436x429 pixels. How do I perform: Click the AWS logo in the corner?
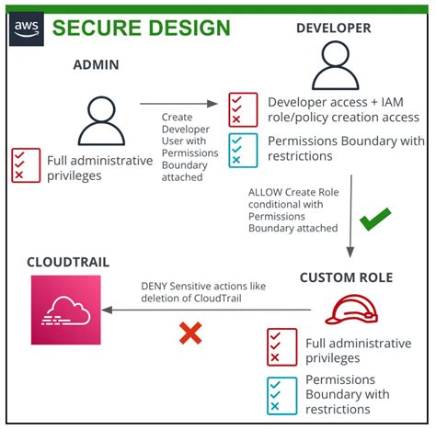coord(27,28)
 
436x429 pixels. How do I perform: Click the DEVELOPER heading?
coord(333,28)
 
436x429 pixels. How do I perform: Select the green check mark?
coord(374,220)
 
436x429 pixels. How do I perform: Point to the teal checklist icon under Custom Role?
coord(281,393)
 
